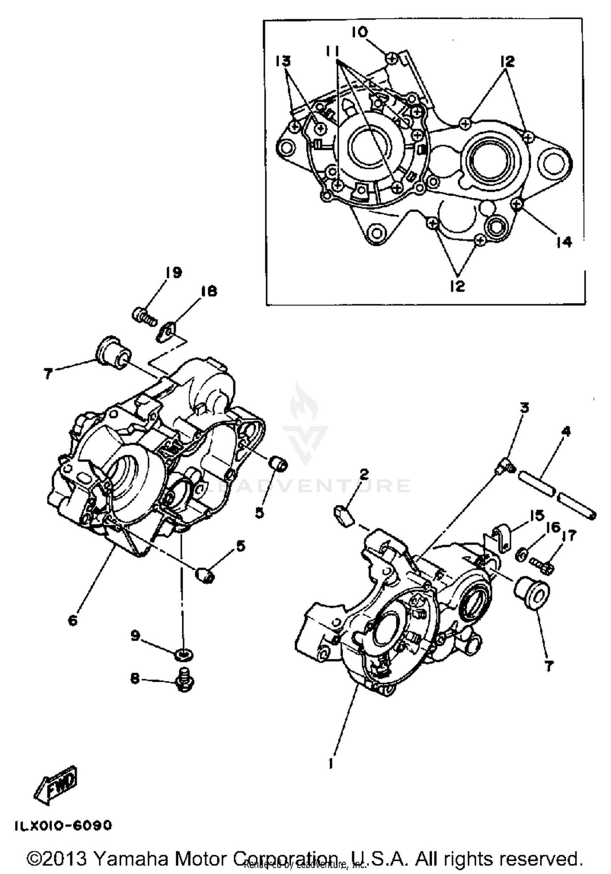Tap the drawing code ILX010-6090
tap(63, 826)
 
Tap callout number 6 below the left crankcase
tap(73, 621)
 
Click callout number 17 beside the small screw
tap(569, 536)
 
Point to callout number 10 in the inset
tap(360, 33)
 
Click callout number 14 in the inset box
tap(564, 242)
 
